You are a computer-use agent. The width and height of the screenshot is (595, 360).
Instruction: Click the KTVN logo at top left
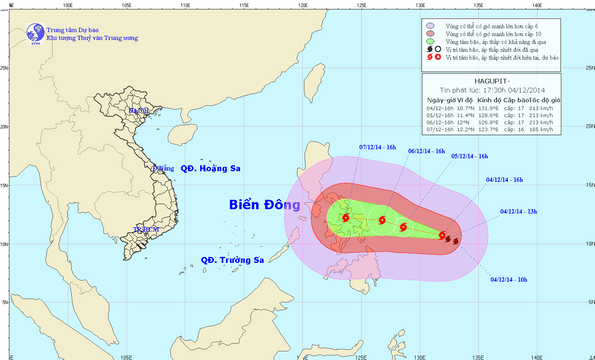pyautogui.click(x=36, y=33)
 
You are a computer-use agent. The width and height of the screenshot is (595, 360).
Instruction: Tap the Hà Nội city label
pyautogui.click(x=139, y=110)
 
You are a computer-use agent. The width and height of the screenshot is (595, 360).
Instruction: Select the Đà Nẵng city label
pyautogui.click(x=163, y=168)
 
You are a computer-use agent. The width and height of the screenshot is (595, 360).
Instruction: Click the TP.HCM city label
pyautogui.click(x=146, y=229)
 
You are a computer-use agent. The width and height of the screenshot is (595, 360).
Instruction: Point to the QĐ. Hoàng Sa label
pyautogui.click(x=210, y=168)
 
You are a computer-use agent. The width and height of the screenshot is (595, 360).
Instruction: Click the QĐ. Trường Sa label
pyautogui.click(x=232, y=260)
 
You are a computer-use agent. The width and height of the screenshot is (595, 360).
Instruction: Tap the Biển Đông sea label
pyautogui.click(x=264, y=204)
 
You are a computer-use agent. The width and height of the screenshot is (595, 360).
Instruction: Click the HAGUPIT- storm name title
pyautogui.click(x=492, y=81)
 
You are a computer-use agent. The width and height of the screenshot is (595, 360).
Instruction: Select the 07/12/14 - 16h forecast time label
pyautogui.click(x=378, y=147)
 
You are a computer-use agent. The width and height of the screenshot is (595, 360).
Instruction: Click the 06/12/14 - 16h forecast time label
pyautogui.click(x=427, y=151)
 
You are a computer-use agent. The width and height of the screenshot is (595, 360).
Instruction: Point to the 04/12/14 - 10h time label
pyautogui.click(x=509, y=280)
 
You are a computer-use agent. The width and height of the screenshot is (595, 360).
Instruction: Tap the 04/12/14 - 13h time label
pyautogui.click(x=519, y=212)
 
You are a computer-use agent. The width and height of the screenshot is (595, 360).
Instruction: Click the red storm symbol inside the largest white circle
pyautogui.click(x=345, y=218)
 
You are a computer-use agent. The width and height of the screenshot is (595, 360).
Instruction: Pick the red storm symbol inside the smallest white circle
pyautogui.click(x=403, y=227)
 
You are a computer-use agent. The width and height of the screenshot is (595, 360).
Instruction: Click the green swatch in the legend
pyautogui.click(x=430, y=42)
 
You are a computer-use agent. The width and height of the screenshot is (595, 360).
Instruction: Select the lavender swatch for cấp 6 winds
pyautogui.click(x=430, y=26)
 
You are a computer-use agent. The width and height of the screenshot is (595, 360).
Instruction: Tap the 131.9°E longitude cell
pyautogui.click(x=488, y=109)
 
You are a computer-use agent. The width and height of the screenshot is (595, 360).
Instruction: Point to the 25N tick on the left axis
pyautogui.click(x=4, y=68)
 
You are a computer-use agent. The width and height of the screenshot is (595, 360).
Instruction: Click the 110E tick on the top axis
pyautogui.click(x=185, y=5)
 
